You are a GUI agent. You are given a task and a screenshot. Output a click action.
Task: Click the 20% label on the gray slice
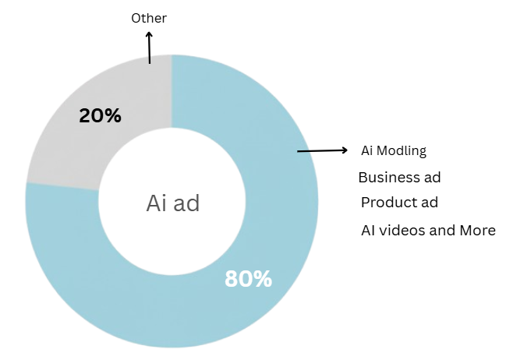point(100,116)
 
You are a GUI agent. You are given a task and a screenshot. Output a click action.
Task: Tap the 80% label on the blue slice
point(248,278)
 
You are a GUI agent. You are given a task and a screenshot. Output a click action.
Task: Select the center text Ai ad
point(173,203)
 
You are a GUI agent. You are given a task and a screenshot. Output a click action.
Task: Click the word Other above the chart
point(148,17)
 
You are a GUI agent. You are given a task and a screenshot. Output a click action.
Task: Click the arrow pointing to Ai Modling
point(322,150)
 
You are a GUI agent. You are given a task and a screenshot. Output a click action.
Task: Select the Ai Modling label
point(394,150)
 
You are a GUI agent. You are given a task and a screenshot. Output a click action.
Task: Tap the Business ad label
point(399,177)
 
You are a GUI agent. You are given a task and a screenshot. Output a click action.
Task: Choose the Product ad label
point(399,203)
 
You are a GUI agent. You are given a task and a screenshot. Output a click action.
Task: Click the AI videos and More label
point(428,231)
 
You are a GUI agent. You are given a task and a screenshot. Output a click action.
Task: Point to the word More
point(478,231)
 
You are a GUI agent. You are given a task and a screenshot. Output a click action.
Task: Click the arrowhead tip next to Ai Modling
point(346,150)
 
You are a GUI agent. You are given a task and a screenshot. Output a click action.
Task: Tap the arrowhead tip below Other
point(149,33)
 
